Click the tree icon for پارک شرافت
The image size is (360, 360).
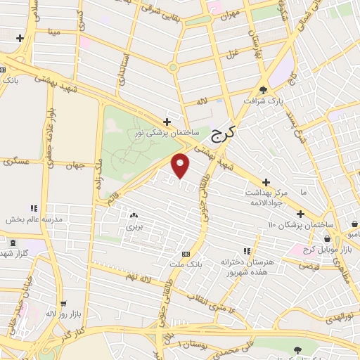coord(264,91)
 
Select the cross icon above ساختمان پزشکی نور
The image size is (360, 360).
coord(167,121)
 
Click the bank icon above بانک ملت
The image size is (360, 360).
coord(186,254)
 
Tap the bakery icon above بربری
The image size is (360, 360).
coord(134,216)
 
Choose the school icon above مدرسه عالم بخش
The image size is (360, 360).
coord(33,208)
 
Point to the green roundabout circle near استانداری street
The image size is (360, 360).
coord(172,68)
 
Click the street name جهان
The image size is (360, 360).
coord(75,167)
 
